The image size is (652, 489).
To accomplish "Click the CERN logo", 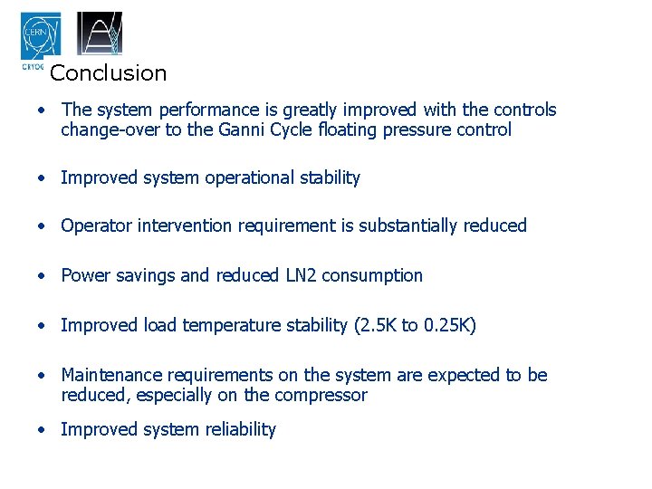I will point(41,37).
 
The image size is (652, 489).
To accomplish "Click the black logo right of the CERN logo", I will point(99,34).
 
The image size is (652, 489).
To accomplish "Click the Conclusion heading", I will point(109,73).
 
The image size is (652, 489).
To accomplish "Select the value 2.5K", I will point(378,325).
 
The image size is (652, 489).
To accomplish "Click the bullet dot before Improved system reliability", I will point(42,430).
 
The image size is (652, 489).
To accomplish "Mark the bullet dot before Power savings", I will point(42,276).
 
